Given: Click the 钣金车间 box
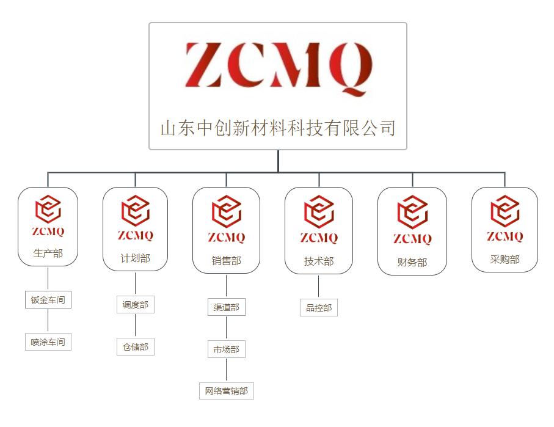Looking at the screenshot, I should coord(48,300).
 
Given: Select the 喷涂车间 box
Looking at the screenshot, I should coord(48,342).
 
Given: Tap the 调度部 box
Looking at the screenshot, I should coord(135,304).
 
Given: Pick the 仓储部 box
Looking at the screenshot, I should coord(135,347).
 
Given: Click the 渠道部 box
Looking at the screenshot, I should coord(226,307).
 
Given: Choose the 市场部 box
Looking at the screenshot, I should coord(226,349).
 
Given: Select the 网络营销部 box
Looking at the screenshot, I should coord(226,391).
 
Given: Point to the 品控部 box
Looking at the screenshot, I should coord(319,308).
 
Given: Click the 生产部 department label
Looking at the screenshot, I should coord(48,253).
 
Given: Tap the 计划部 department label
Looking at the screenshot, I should coord(135,258).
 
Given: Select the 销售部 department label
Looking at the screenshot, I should coord(226,261).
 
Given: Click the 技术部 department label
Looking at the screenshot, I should coord(319,261).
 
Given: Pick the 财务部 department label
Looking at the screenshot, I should coord(412,263).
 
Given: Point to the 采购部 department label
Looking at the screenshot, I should coord(505,260).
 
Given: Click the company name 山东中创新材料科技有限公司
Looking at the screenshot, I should coord(278,128).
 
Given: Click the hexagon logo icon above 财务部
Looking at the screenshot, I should coord(412,212).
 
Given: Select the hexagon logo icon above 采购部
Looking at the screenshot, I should coord(505,211).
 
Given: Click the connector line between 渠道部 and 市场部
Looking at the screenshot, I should coord(226,328).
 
